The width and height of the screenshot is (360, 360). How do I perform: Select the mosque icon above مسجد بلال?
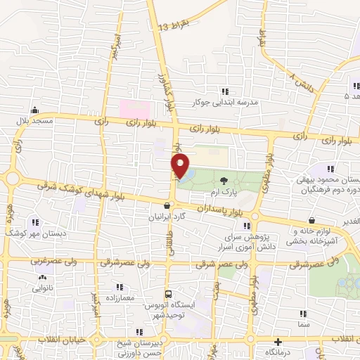coord(34,110)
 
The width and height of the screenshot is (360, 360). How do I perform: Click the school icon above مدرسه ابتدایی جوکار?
coord(225,91)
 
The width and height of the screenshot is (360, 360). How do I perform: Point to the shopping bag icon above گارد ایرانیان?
coord(166,206)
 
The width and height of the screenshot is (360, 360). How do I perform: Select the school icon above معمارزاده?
coord(119,287)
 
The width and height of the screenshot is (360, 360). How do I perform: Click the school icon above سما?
coord(303,317)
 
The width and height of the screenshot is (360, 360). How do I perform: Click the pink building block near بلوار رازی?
coord(134,109)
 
